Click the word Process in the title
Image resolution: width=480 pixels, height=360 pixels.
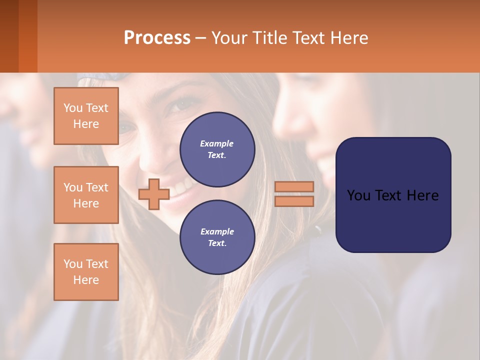(157, 38)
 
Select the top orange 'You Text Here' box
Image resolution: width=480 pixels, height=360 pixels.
(86, 116)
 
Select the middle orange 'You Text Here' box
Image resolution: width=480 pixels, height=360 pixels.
(86, 195)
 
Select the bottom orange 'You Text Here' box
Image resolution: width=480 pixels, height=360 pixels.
(86, 272)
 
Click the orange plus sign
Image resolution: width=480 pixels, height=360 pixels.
(153, 194)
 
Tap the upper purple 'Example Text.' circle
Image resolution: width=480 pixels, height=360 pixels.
(217, 149)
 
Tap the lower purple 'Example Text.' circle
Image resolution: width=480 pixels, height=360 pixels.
(217, 237)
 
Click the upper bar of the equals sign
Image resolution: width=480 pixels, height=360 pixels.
(294, 186)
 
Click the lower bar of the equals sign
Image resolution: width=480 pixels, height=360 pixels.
(294, 201)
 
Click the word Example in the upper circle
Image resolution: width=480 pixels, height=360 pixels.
(217, 143)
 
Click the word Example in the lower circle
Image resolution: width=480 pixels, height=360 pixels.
(217, 231)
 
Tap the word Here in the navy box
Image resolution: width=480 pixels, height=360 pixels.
(423, 195)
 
